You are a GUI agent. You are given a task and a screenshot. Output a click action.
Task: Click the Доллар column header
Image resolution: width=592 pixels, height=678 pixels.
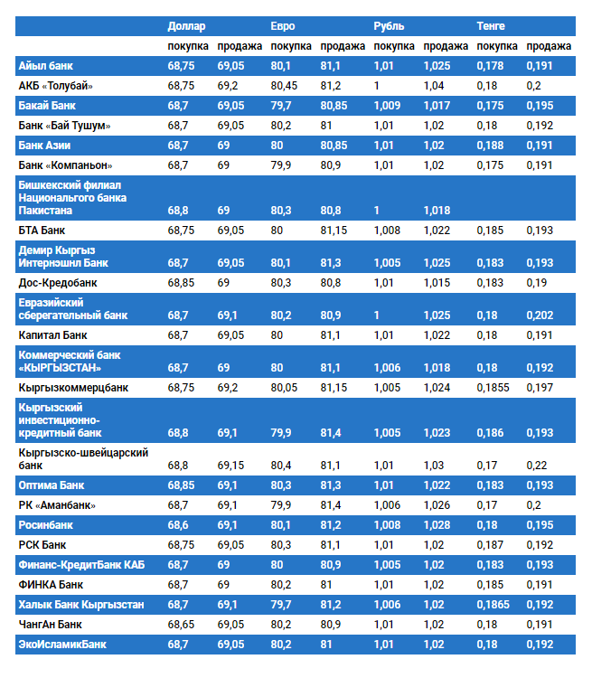click(x=186, y=26)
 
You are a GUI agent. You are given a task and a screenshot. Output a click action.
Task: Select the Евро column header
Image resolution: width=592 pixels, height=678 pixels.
click(x=283, y=26)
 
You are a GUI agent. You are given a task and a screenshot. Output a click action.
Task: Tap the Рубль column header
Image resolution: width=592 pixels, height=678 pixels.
click(x=389, y=26)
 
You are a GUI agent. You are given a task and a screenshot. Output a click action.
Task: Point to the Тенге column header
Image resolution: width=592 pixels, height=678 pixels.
click(x=492, y=26)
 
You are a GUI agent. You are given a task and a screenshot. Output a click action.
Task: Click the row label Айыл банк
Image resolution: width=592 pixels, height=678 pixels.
click(x=46, y=66)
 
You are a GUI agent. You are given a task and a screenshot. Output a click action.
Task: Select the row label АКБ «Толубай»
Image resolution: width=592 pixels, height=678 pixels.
click(x=56, y=86)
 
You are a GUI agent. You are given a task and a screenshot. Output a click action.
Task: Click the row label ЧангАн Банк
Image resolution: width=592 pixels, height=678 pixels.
click(x=51, y=624)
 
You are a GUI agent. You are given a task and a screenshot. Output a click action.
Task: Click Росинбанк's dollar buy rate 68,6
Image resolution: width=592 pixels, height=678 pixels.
click(x=179, y=524)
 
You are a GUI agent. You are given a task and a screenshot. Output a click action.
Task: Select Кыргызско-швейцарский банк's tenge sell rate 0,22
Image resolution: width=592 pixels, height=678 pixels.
click(x=537, y=465)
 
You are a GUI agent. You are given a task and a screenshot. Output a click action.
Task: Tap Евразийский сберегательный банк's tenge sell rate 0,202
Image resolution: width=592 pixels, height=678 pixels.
click(x=540, y=315)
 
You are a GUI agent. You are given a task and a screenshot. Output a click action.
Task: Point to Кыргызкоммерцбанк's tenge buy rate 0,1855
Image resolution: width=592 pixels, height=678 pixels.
click(x=493, y=388)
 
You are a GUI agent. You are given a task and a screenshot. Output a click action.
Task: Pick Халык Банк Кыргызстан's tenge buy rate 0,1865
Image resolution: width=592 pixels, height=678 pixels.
click(x=493, y=604)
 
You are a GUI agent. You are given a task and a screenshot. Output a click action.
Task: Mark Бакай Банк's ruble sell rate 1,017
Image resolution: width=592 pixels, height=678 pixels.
click(x=437, y=106)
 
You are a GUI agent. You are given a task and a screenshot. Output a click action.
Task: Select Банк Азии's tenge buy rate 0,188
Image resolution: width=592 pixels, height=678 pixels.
click(x=490, y=146)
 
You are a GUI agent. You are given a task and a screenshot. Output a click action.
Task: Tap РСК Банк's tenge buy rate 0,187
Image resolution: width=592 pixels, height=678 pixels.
click(x=490, y=544)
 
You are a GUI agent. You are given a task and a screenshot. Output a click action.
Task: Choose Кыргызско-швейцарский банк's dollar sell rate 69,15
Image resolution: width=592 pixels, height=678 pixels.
click(x=231, y=465)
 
